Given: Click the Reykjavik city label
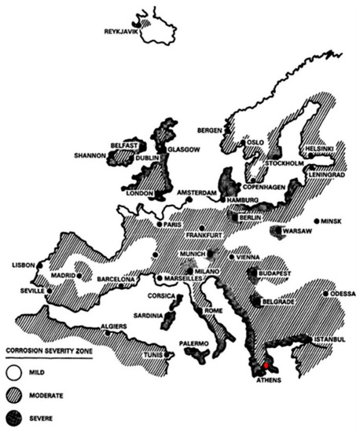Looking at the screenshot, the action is point(122,31).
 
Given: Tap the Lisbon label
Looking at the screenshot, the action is point(23,266).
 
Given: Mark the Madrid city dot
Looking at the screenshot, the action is point(79,276).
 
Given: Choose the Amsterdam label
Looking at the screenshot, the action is point(196,192).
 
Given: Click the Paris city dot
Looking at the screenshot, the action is point(160,225).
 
